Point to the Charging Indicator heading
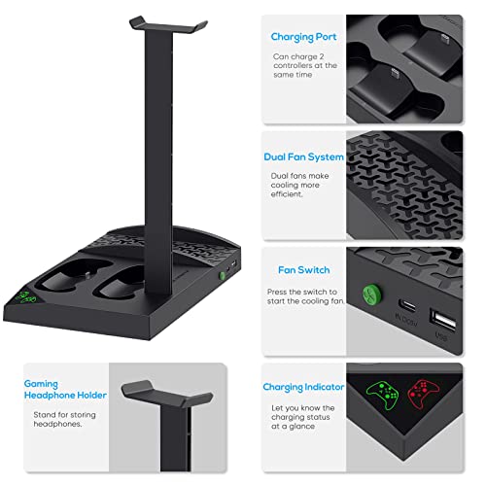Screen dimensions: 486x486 [x=303, y=387]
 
